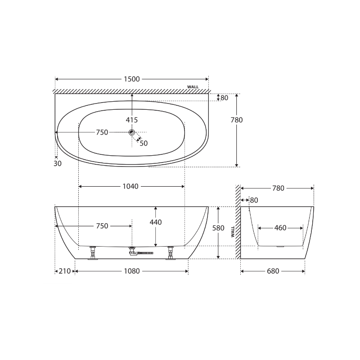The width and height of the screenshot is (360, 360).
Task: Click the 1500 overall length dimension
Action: [x=132, y=79]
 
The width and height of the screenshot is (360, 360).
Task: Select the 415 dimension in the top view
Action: [x=132, y=120]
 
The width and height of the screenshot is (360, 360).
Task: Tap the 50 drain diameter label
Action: [x=144, y=144]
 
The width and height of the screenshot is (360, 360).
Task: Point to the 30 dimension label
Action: [x=58, y=164]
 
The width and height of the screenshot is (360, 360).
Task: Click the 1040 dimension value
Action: [x=130, y=186]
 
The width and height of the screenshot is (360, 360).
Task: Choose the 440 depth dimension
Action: [x=156, y=222]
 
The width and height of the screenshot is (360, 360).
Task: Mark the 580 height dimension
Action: [x=218, y=228]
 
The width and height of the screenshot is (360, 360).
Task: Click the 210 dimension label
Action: [x=65, y=271]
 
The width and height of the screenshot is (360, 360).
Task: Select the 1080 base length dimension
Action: [x=132, y=271]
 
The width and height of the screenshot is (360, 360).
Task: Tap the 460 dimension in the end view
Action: [x=280, y=228]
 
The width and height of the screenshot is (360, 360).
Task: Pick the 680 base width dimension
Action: [x=273, y=271]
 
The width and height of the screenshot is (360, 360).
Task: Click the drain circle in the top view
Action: [x=132, y=132]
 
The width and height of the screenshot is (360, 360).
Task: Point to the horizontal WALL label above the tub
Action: [x=193, y=87]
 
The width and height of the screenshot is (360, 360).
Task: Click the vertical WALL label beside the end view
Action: [x=233, y=231]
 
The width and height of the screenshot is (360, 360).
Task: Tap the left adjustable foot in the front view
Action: [x=93, y=253]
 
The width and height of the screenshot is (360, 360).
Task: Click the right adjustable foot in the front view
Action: [x=171, y=253]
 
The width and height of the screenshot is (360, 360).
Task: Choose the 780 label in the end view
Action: [x=279, y=189]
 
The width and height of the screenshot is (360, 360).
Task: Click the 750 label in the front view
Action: [x=102, y=226]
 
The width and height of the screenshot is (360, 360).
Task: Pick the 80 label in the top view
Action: [x=224, y=98]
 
